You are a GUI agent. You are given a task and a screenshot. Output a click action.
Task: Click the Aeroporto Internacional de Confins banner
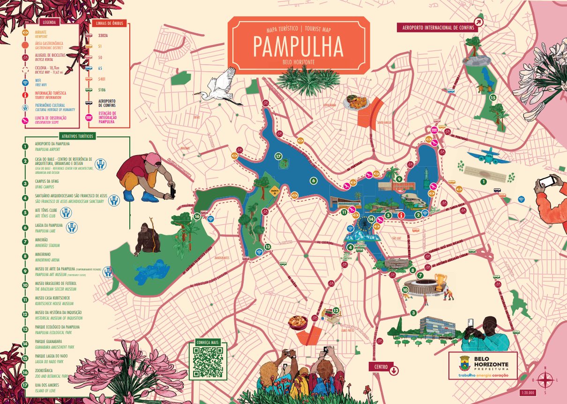point(436,28)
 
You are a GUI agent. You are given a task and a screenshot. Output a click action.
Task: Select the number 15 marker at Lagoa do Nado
point(492,97)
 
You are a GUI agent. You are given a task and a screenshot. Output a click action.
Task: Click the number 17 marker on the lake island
point(278,156)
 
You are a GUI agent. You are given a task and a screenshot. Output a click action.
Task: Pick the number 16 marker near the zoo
point(197,217)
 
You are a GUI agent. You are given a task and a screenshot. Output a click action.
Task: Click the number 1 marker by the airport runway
point(483,181)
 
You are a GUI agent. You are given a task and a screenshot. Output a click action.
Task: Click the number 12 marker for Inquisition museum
point(336,310)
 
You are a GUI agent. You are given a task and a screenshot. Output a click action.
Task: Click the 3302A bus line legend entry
point(103,35)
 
